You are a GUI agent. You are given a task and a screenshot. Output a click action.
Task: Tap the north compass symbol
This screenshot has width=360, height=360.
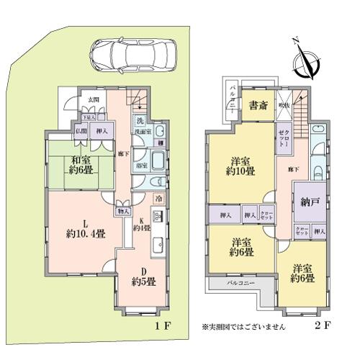coord(308,62)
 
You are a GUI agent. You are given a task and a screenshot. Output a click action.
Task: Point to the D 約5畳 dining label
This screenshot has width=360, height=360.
coord(143,278)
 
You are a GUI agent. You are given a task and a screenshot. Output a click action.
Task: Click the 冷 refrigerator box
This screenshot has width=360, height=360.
coord(158,198)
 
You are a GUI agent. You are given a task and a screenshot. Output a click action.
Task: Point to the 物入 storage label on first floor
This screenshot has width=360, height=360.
coord(122,212)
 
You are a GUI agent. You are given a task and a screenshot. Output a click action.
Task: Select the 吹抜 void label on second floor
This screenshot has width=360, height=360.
coord(283,106)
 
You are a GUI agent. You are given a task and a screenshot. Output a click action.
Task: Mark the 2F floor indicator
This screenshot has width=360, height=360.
coord(321,326)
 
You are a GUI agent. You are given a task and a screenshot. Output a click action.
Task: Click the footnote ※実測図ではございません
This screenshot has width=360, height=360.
coord(243,326)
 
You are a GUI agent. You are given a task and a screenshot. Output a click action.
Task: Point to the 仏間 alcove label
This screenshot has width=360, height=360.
coord(79,131)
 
